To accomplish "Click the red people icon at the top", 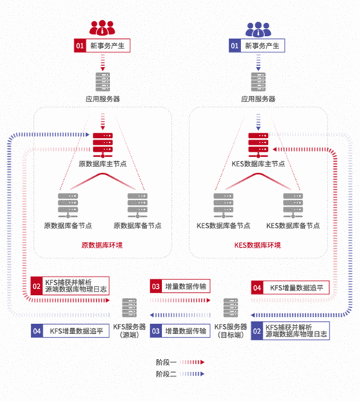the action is point(102,27).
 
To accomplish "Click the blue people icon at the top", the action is point(258,29).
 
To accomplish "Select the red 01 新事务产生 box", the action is point(102,45).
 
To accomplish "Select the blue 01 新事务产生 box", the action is point(257,45).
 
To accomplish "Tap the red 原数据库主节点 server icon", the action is point(103,145).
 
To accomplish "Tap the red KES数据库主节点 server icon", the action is point(258,145).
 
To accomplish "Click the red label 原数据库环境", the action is point(102,245).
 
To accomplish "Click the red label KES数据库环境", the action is point(258,245).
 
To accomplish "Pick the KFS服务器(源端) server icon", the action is point(130,308).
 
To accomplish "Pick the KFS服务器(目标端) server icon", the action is point(230,308).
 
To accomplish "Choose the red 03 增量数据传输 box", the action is point(180,287).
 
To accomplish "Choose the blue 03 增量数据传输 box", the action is point(180,331).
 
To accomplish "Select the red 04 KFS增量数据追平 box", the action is point(290,288).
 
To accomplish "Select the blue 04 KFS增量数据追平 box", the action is point(70,331).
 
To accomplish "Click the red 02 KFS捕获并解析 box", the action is point(70,286).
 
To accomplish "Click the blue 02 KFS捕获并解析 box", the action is point(290,331).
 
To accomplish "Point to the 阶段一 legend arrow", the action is point(192,362).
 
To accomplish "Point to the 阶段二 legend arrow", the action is point(192,374).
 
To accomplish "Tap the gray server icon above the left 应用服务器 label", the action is point(103,82).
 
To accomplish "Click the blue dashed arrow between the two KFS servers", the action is point(180,315).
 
